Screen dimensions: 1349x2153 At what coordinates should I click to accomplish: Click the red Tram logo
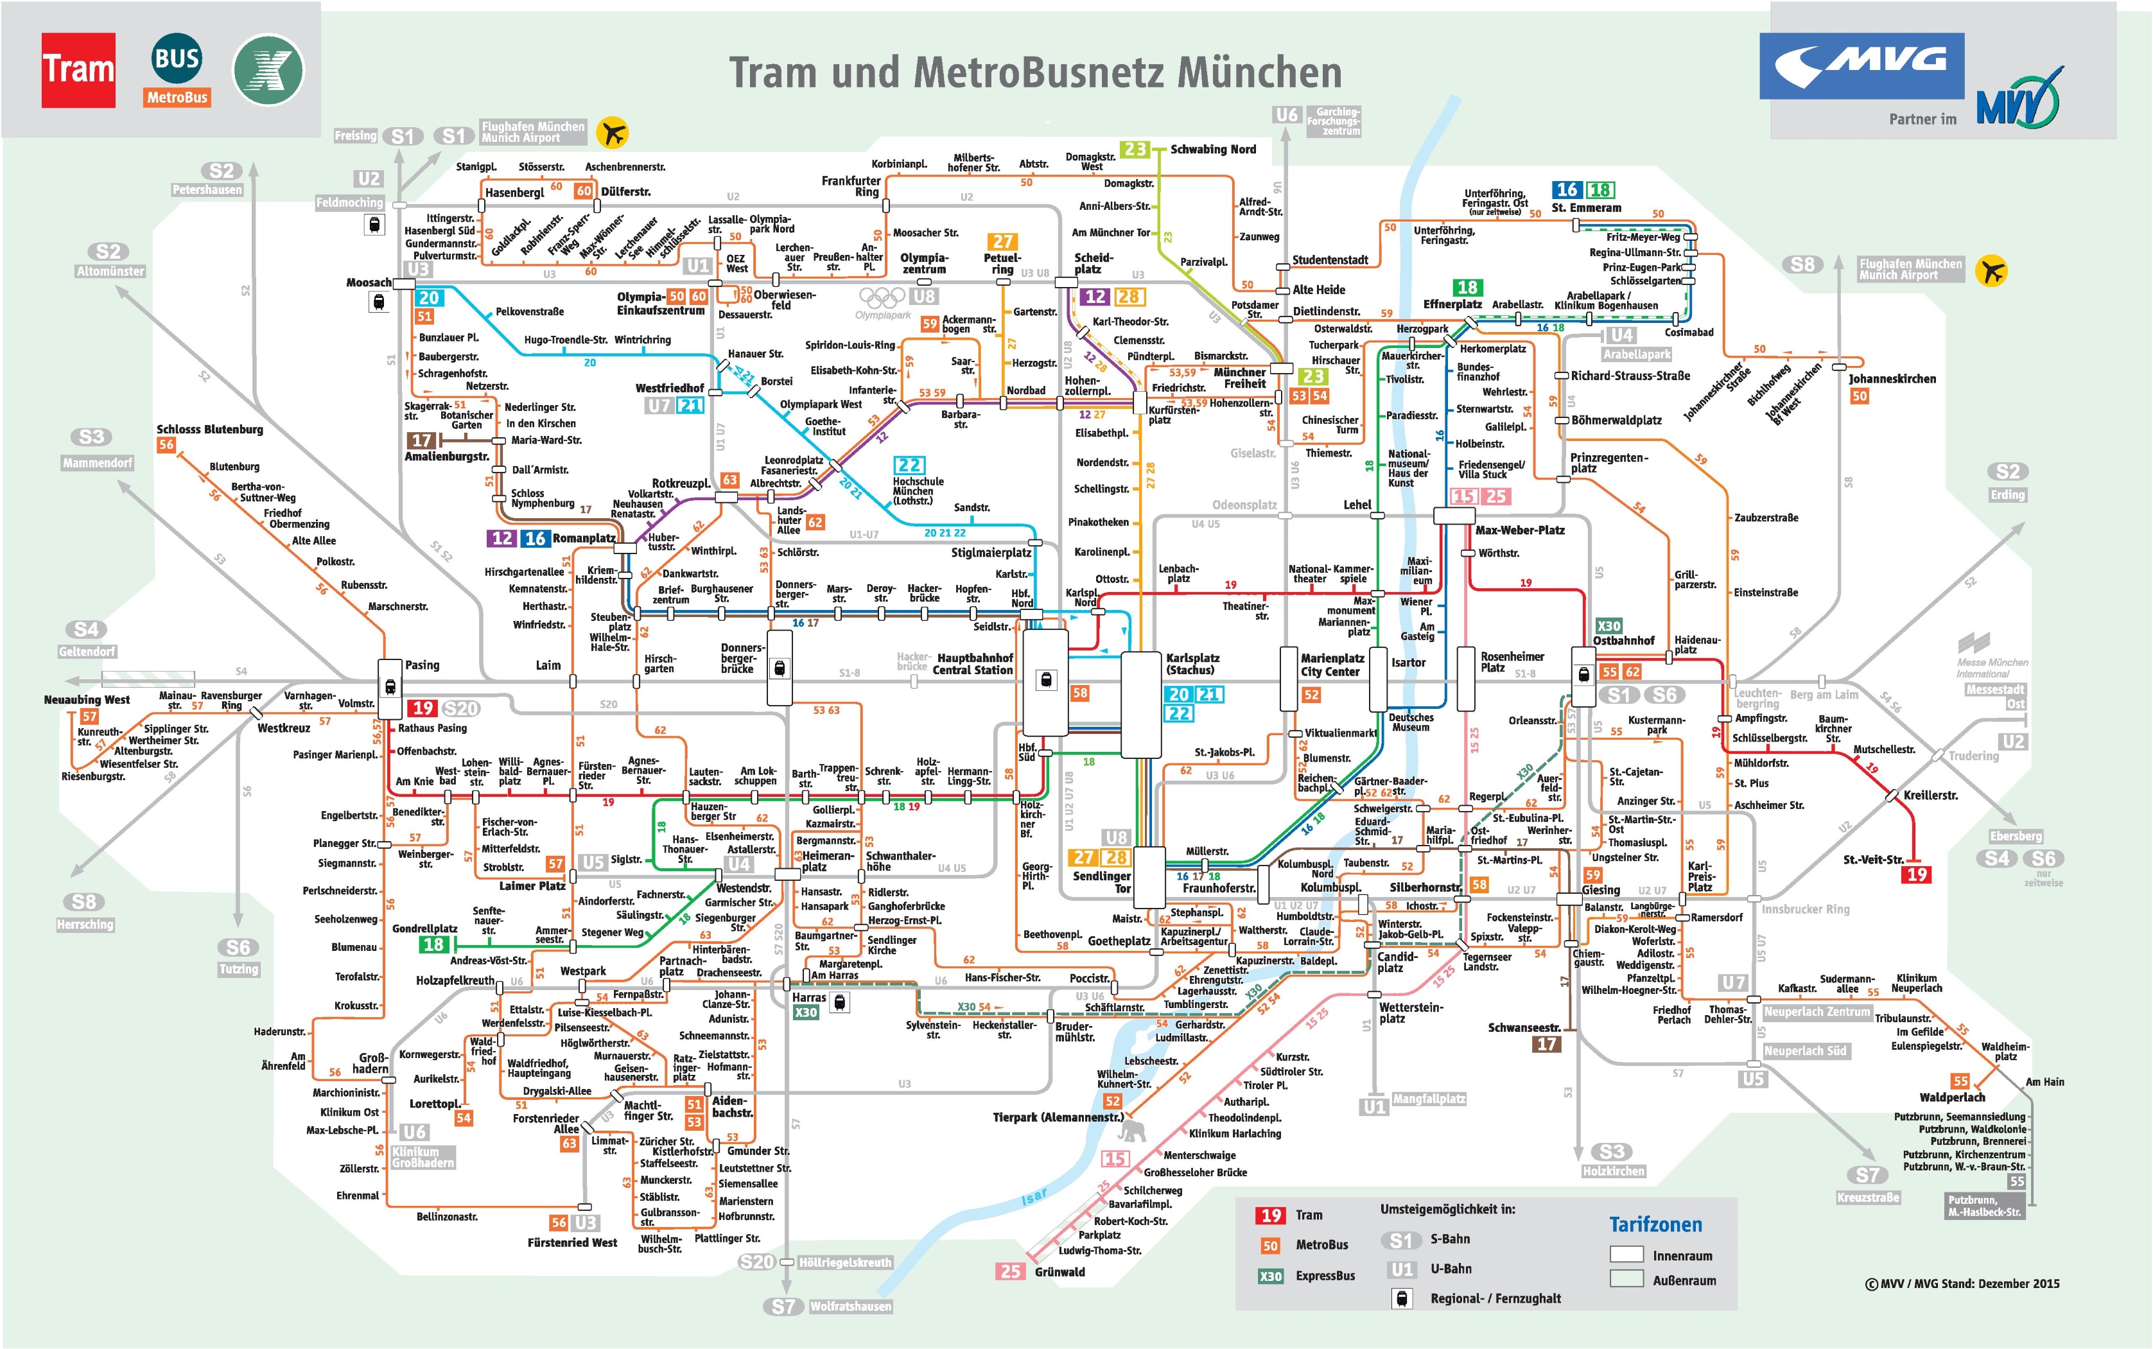(78, 69)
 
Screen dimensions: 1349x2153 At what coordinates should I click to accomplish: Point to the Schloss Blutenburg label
(210, 429)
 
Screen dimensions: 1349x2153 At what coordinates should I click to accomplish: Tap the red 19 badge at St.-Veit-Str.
(1917, 875)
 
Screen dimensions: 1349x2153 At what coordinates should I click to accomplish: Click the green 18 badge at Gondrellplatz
(433, 944)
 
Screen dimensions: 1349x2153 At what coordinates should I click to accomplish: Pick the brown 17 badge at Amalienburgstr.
(421, 440)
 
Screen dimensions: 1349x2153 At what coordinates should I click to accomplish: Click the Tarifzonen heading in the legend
(1655, 1224)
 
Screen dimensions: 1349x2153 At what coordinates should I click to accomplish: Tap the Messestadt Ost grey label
(1995, 696)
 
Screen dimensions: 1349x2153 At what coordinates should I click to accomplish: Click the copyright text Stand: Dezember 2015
(1962, 1283)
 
